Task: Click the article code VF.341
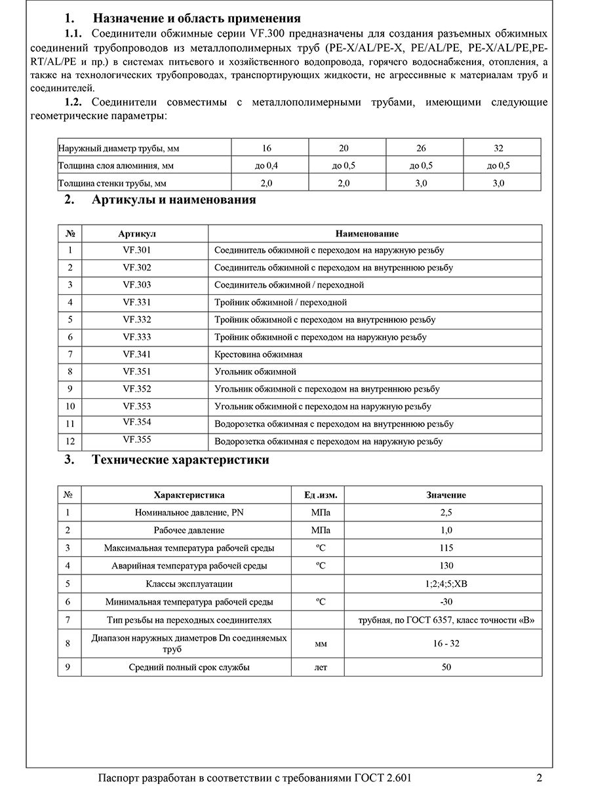tap(136, 354)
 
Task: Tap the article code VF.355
tap(136, 440)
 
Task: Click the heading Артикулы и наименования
tap(174, 200)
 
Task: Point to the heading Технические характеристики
tap(180, 460)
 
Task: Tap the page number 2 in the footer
tap(539, 778)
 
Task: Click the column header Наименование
tap(366, 234)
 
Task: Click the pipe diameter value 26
tap(424, 148)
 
